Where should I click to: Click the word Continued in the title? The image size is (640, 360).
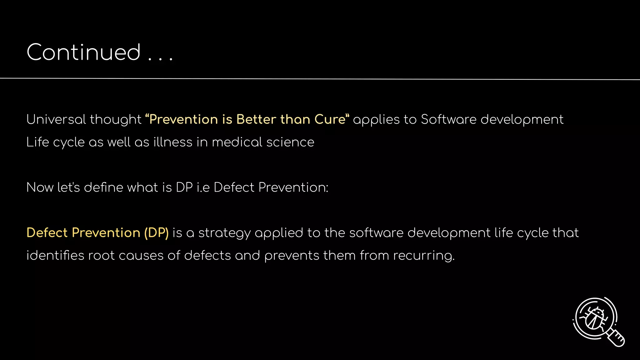(x=83, y=52)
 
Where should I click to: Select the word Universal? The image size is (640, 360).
(x=56, y=119)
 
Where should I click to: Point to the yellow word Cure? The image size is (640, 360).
(x=331, y=119)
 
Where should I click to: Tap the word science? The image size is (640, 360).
(x=290, y=142)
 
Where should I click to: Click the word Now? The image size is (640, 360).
(x=40, y=187)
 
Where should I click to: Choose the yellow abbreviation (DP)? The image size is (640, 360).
(x=156, y=233)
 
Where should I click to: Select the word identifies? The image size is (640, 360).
(x=55, y=256)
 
